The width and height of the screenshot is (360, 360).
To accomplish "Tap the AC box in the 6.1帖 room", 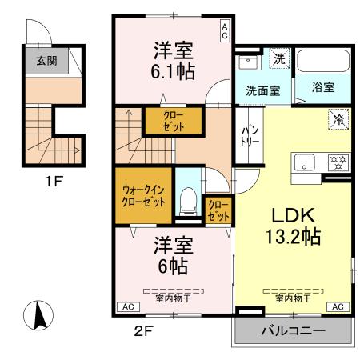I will [225, 31].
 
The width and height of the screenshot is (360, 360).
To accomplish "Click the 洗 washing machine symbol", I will [278, 58].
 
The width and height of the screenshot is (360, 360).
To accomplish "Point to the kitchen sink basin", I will [305, 163].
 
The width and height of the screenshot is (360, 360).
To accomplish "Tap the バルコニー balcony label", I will [292, 330].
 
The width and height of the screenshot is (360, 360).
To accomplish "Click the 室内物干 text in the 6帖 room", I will [173, 298].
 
